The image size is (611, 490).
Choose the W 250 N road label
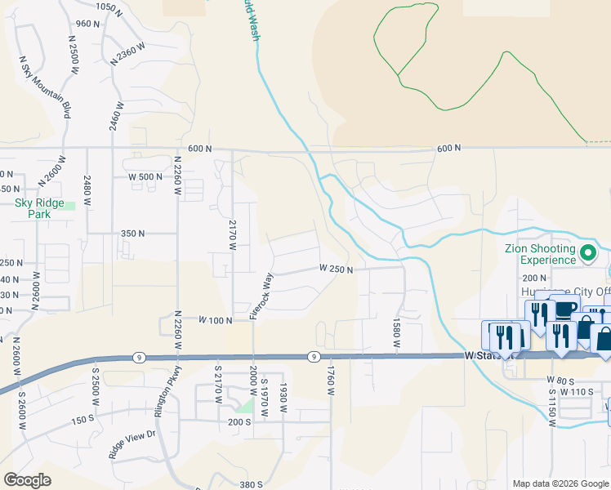(x=336, y=268)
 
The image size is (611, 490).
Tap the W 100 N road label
(x=216, y=320)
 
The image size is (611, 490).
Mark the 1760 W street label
(x=332, y=381)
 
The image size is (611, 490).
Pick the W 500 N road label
(x=147, y=176)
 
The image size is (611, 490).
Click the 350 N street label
(x=132, y=233)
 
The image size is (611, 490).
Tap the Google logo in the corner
(x=27, y=480)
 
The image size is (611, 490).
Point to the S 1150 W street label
(x=552, y=411)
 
